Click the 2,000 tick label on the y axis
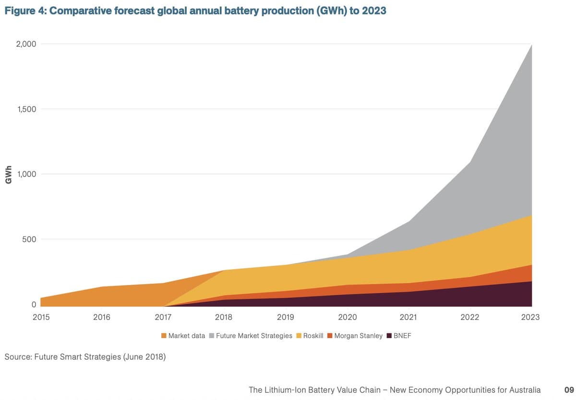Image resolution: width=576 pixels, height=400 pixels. pyautogui.click(x=26, y=44)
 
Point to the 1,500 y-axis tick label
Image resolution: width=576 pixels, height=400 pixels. pyautogui.click(x=26, y=109)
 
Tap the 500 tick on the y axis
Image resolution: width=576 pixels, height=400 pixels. pyautogui.click(x=30, y=239)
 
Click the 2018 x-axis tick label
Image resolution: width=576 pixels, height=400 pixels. pyautogui.click(x=224, y=317)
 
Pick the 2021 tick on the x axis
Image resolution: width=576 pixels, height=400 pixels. pyautogui.click(x=408, y=317)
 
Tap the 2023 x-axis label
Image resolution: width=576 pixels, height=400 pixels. pyautogui.click(x=530, y=317)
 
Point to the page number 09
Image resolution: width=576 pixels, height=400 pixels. pyautogui.click(x=569, y=390)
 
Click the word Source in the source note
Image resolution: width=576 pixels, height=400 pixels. pyautogui.click(x=18, y=357)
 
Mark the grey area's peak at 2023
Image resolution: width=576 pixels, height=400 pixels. pyautogui.click(x=531, y=46)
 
